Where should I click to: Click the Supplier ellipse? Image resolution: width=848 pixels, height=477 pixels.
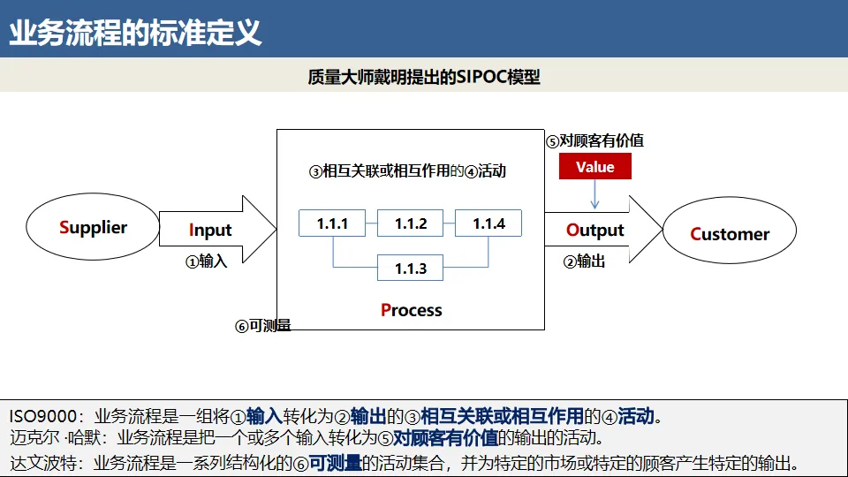[x=93, y=228]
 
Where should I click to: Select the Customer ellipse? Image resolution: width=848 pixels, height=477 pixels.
[x=730, y=234]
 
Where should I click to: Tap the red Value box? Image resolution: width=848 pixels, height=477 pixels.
[x=594, y=167]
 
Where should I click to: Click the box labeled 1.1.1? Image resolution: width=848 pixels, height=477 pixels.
[x=332, y=223]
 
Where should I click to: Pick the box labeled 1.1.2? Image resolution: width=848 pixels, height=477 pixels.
[x=411, y=223]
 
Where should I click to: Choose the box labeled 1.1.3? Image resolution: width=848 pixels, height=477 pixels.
[x=411, y=269]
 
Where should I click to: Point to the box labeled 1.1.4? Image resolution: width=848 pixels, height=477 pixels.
[x=488, y=223]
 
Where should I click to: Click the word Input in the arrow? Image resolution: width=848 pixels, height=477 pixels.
[x=210, y=231]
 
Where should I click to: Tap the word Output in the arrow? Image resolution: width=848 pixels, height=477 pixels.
[x=595, y=231]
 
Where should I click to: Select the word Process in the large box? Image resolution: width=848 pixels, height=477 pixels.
[x=411, y=310]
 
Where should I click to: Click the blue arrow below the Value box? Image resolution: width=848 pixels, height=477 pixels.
[x=594, y=195]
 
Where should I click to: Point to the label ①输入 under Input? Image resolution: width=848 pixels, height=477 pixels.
[x=206, y=261]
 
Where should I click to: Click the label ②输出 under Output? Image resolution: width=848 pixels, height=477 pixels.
[x=584, y=261]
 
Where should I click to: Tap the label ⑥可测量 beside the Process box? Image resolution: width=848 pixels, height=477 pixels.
[x=262, y=326]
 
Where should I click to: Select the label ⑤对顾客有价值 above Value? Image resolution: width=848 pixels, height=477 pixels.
[x=594, y=140]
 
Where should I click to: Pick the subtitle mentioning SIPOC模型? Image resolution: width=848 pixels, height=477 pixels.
[x=424, y=77]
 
